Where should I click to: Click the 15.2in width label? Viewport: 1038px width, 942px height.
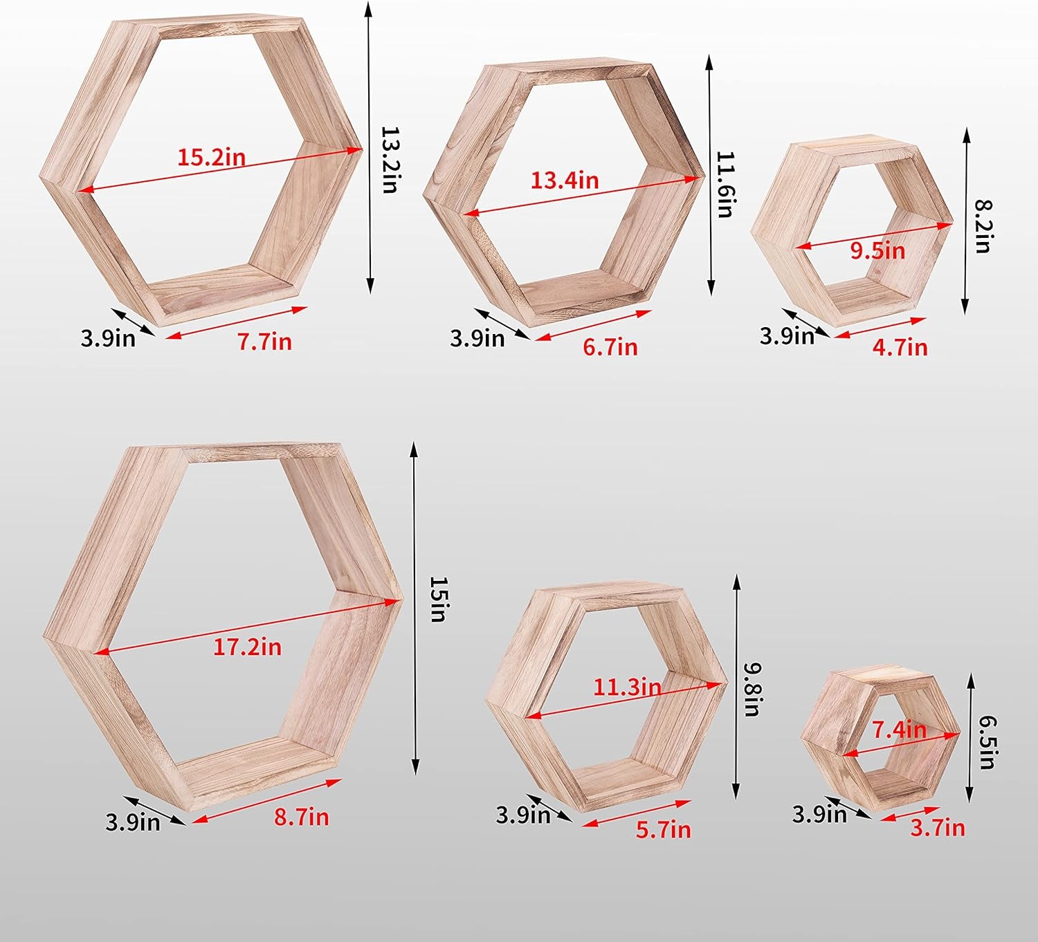[211, 157]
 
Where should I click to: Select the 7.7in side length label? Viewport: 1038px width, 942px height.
[264, 342]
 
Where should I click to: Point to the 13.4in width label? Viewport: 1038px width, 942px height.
[565, 181]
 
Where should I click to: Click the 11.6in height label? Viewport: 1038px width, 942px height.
[725, 184]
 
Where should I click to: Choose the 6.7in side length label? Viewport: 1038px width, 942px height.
[610, 347]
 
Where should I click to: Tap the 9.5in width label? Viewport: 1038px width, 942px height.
[878, 251]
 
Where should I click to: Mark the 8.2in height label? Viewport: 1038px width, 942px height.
[983, 226]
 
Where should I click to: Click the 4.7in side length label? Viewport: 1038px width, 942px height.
[900, 347]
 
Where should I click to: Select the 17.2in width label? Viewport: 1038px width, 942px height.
[247, 647]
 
